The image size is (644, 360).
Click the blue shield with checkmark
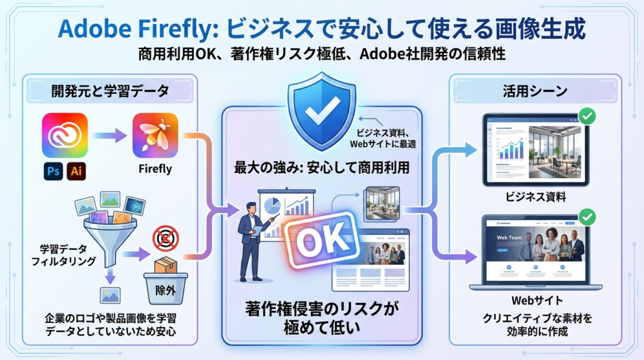pyautogui.click(x=321, y=112)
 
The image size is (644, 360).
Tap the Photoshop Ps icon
pyautogui.click(x=54, y=170)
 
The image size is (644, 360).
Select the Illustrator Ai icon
pyautogui.click(x=77, y=170)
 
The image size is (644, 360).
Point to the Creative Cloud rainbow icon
pyautogui.click(x=65, y=135)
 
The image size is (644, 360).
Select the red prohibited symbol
pyautogui.click(x=166, y=239)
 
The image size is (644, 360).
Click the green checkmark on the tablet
pyautogui.click(x=587, y=116)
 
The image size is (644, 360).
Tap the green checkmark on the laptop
pyautogui.click(x=587, y=218)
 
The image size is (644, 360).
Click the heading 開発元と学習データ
pyautogui.click(x=110, y=91)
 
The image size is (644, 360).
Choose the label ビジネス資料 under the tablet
pyautogui.click(x=536, y=197)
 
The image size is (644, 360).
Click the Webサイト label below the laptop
pyautogui.click(x=536, y=300)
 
